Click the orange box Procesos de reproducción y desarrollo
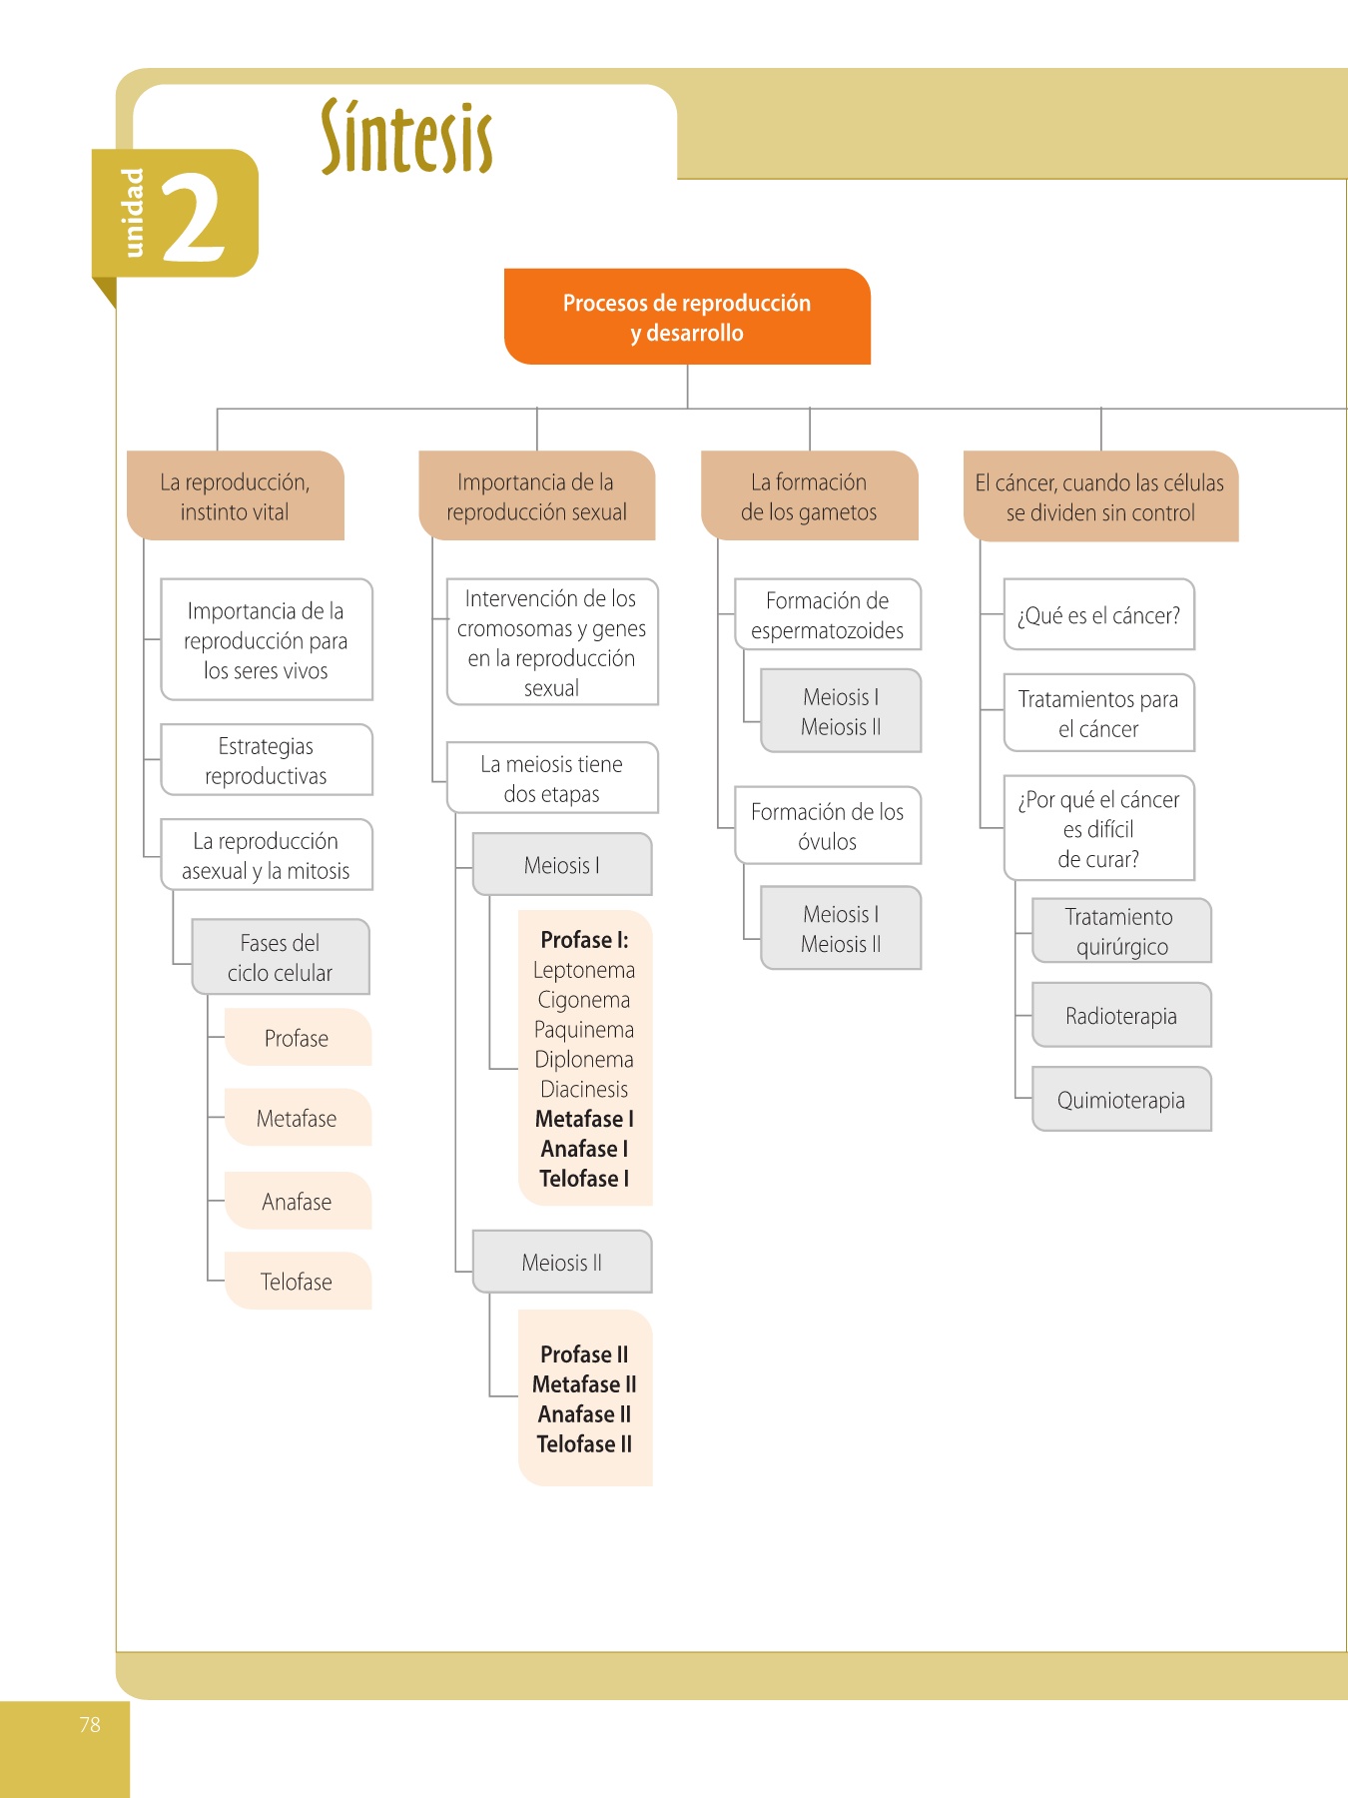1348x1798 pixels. coord(687,317)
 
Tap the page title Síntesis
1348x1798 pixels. coord(406,138)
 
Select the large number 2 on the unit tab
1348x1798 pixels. coord(194,218)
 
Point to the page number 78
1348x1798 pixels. coord(90,1724)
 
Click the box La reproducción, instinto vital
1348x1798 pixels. coord(236,496)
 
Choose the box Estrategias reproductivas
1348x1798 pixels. coord(267,760)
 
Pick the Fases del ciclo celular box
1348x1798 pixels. coord(280,957)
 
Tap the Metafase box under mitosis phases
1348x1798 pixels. coord(297,1118)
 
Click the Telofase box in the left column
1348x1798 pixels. coord(297,1282)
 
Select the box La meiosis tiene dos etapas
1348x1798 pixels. coord(551,778)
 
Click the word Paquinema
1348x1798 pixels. coord(584,1029)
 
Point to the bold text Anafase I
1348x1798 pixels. coord(584,1149)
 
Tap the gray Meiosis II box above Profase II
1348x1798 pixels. coord(562,1263)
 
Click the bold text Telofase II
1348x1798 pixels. coord(584,1443)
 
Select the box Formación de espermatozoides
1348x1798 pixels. coord(828,615)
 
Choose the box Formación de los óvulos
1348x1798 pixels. coord(828,826)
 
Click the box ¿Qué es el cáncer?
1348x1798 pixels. coord(1098,615)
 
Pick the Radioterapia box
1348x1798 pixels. coord(1121,1016)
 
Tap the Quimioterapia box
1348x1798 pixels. coord(1121,1100)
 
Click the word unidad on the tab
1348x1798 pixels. coord(133,212)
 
